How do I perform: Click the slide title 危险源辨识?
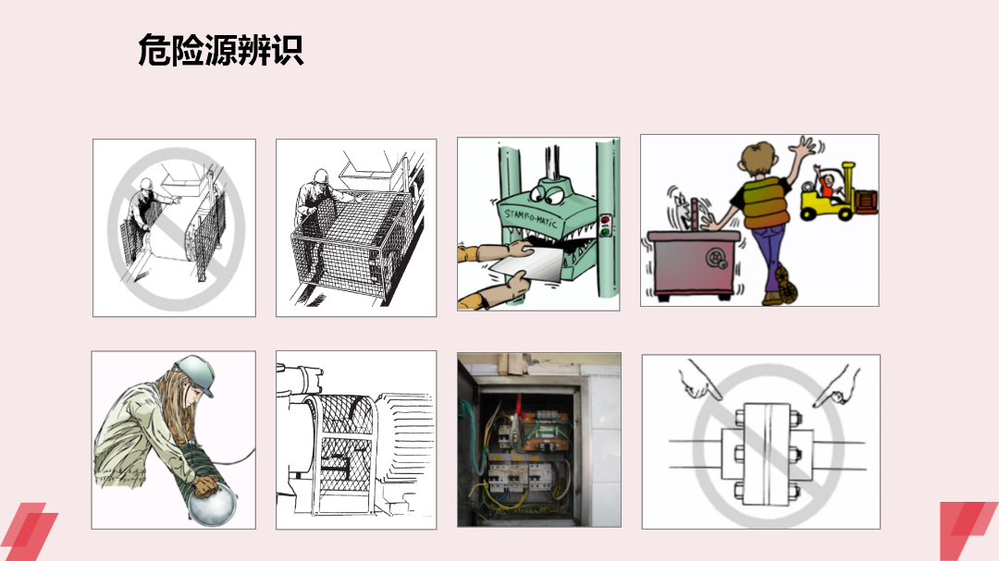click(x=220, y=50)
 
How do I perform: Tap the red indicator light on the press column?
click(x=607, y=221)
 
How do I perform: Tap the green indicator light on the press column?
click(x=607, y=232)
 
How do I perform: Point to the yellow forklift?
click(x=826, y=196)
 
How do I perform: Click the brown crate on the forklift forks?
click(x=867, y=202)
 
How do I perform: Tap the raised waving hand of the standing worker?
click(x=804, y=148)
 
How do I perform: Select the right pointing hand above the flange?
click(x=833, y=384)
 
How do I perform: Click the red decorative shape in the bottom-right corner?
click(x=968, y=531)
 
